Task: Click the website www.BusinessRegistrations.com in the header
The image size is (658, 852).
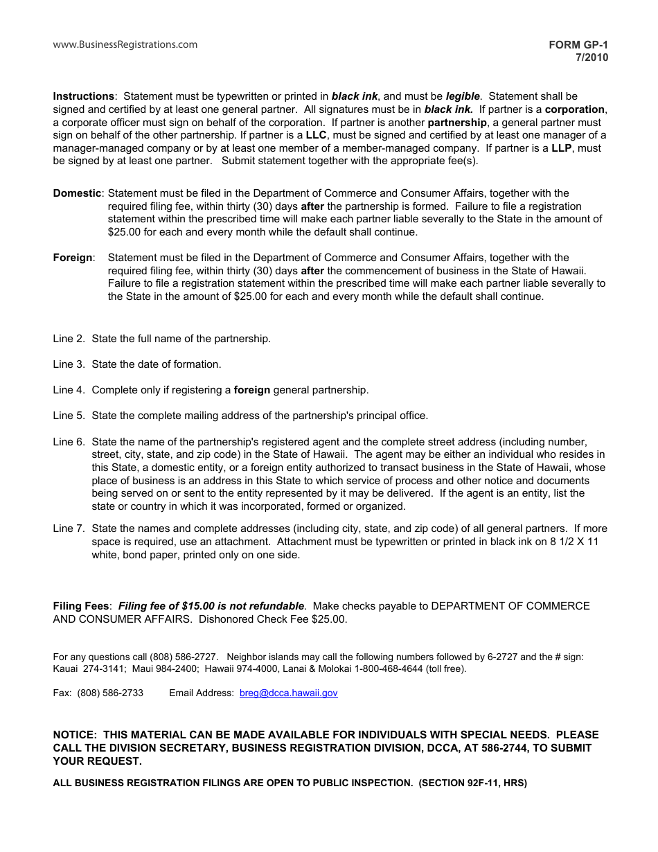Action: tap(125, 45)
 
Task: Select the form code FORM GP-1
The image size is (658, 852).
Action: tap(578, 45)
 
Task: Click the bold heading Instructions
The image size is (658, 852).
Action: tap(83, 96)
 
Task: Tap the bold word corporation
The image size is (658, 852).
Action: tap(575, 109)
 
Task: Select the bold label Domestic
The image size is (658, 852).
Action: tap(78, 193)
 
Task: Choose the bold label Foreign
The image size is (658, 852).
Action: tap(73, 258)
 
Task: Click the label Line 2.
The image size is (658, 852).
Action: tap(69, 339)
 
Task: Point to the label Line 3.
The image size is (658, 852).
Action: tap(69, 364)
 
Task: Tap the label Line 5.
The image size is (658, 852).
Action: tap(69, 416)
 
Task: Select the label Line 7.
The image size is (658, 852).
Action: tap(69, 529)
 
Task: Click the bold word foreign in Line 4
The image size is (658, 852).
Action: tap(252, 390)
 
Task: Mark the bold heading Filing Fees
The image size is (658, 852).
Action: tap(82, 606)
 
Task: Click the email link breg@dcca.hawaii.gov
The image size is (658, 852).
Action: tap(288, 693)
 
